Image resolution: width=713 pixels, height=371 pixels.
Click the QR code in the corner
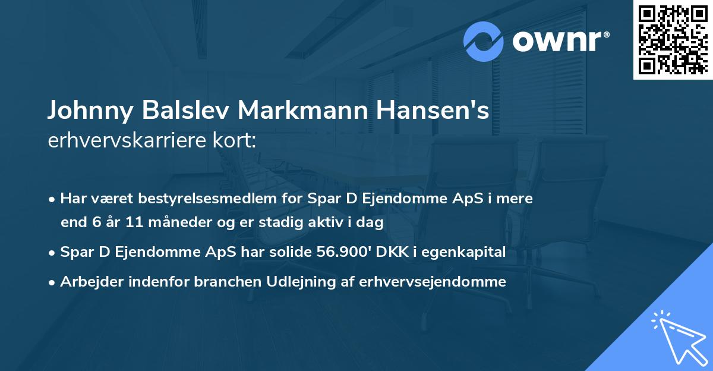click(x=673, y=39)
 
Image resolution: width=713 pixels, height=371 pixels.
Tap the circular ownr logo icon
click(x=484, y=42)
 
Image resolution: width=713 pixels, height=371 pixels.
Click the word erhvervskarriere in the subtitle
click(x=128, y=141)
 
